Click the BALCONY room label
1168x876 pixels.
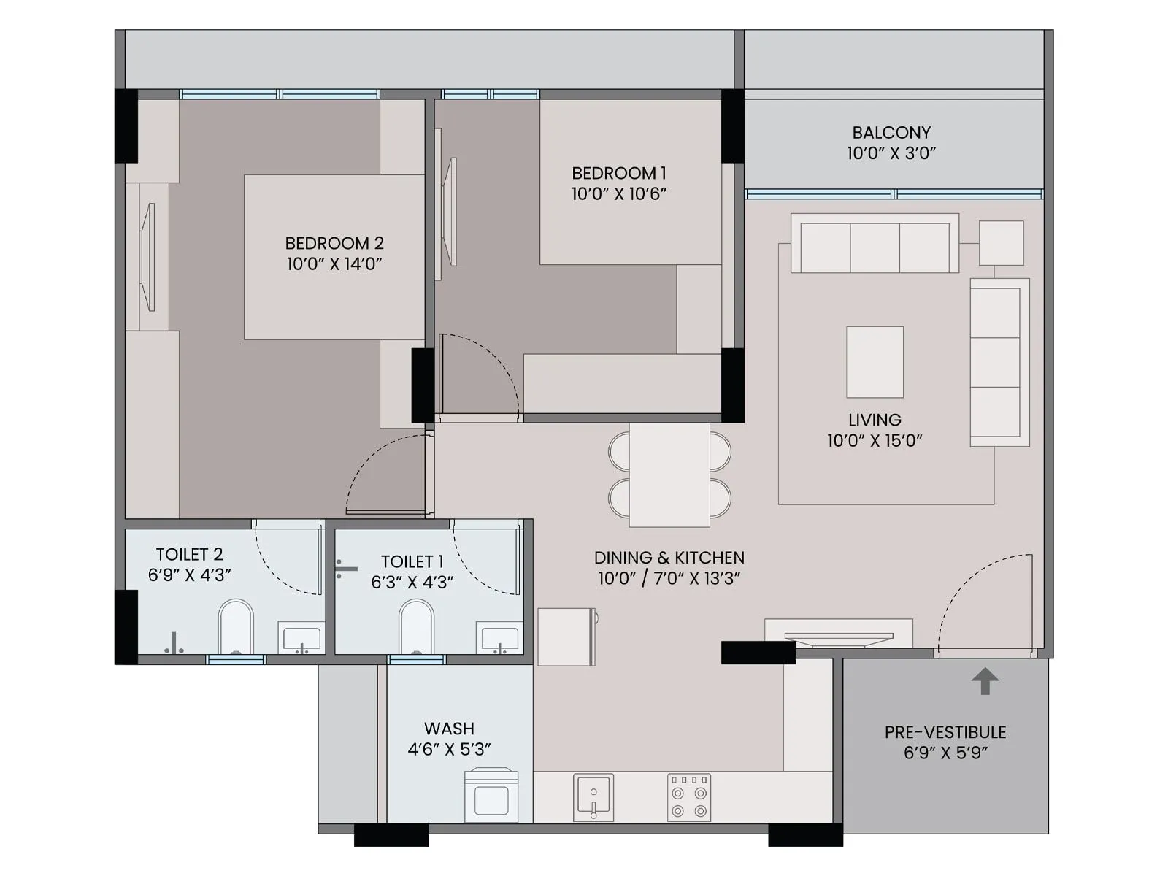pos(891,133)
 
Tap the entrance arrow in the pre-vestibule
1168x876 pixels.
pos(985,680)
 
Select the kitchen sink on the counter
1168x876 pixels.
pos(593,797)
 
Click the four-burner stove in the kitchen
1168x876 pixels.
pos(689,797)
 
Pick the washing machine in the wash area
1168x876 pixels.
pos(491,796)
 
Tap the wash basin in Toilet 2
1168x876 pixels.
pos(301,638)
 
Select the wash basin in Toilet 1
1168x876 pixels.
pos(499,638)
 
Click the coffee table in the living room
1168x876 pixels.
pos(875,362)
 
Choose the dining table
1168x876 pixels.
pos(669,475)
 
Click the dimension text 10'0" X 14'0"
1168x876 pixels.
pos(334,264)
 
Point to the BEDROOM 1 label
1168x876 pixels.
pos(618,174)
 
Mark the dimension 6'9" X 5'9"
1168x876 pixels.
pos(945,753)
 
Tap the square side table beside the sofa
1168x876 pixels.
pos(1001,242)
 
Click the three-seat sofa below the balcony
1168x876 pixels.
pos(875,245)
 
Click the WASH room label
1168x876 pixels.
pos(449,729)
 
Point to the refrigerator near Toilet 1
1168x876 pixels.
pos(566,637)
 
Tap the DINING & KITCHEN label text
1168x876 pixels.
pos(669,558)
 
